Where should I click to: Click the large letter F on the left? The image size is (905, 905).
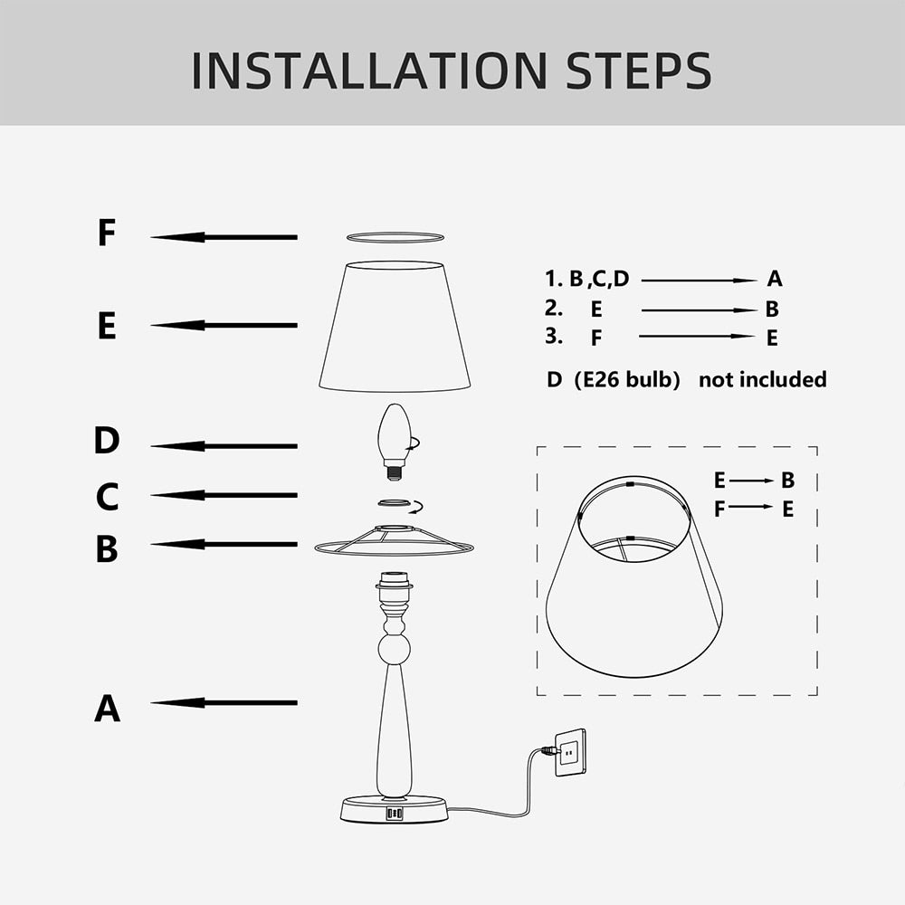(107, 233)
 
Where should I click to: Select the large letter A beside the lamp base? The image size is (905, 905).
(107, 708)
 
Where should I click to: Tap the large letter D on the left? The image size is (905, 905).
(107, 441)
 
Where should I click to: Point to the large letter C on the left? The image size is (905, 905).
(107, 497)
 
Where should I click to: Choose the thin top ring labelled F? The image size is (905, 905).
(395, 237)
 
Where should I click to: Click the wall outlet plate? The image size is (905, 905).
(569, 751)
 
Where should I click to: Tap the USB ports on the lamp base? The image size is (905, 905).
(395, 814)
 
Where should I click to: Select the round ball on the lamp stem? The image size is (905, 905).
(394, 648)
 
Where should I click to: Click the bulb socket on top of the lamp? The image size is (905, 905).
(394, 586)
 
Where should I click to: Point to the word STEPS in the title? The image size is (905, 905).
(638, 71)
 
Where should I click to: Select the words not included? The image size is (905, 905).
(762, 379)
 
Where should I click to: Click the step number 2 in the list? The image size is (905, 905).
(554, 308)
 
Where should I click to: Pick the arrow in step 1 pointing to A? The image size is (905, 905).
(699, 281)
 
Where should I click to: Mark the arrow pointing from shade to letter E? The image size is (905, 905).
(224, 325)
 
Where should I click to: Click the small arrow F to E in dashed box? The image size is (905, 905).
(750, 507)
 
